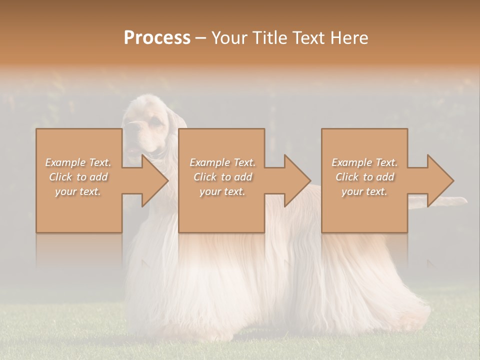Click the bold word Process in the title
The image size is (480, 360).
157,37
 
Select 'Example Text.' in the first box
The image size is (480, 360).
78,162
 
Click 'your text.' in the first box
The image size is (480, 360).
78,191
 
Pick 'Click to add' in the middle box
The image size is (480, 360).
222,177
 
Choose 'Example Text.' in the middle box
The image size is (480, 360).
222,162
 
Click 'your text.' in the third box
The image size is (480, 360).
364,191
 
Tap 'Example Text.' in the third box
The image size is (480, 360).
364,162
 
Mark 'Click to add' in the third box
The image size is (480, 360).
364,177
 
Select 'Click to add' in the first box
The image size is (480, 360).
78,177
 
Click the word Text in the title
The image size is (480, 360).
306,37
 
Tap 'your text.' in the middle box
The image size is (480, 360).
222,191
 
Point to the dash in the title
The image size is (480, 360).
201,38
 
